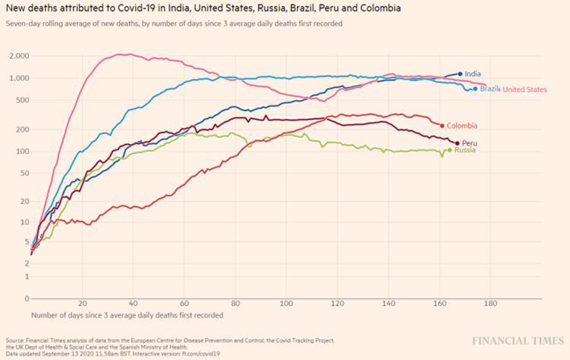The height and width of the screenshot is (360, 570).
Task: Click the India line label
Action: point(472,74)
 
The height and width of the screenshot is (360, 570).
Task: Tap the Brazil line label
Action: point(489,89)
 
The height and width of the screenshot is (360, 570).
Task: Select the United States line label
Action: point(524,90)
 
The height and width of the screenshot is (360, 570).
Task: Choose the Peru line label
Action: point(470,143)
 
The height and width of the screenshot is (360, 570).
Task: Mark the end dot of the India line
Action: point(460,74)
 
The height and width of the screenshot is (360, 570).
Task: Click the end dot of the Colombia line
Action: point(442,125)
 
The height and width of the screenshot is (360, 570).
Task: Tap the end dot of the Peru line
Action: point(457,143)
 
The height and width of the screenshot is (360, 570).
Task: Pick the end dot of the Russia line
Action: point(450,150)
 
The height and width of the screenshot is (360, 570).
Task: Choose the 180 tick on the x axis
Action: point(489,302)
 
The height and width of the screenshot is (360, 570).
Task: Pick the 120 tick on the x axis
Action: point(337,302)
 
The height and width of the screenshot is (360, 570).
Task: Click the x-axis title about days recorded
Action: point(128,314)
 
